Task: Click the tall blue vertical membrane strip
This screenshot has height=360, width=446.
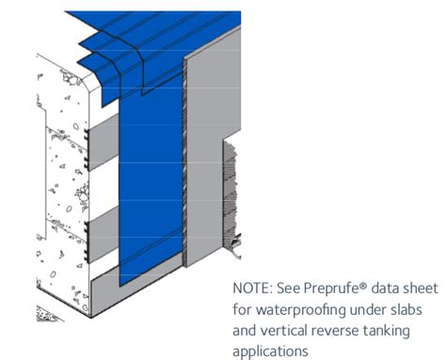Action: (x=151, y=188)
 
